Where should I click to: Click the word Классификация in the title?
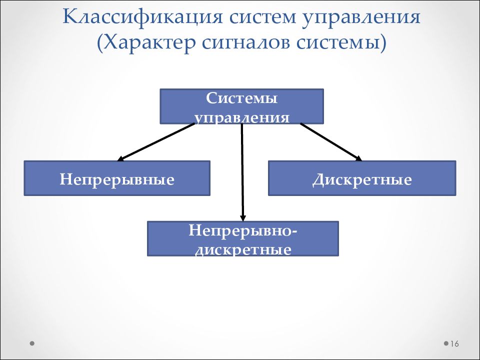tap(142, 18)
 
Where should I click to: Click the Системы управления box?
tap(242, 106)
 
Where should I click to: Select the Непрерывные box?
tap(117, 178)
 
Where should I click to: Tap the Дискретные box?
tap(362, 178)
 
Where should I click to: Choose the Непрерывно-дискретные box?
tap(243, 238)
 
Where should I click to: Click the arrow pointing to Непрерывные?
tap(156, 142)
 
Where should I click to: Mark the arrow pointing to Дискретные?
tap(331, 142)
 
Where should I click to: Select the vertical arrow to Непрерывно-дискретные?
tap(242, 172)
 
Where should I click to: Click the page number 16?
tap(454, 344)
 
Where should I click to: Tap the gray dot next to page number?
tap(446, 343)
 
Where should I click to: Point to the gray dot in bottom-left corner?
tap(32, 343)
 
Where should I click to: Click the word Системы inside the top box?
tap(242, 98)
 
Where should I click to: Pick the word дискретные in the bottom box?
tap(243, 250)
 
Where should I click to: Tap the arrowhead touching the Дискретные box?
tap(359, 158)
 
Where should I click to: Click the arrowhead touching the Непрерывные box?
tap(121, 158)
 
